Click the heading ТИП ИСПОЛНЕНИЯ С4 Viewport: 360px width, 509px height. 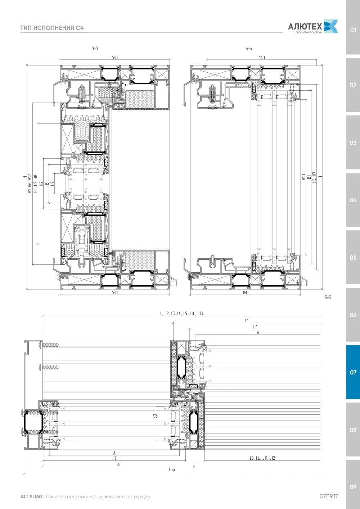click(52, 28)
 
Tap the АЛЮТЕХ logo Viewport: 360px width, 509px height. click(313, 27)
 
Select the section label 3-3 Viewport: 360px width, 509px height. click(95, 48)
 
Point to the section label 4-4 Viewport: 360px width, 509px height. click(249, 48)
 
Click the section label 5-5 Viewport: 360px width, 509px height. click(328, 297)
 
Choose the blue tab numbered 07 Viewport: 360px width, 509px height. click(353, 372)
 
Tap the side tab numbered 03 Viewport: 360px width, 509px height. click(353, 143)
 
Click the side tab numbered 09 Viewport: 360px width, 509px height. click(353, 487)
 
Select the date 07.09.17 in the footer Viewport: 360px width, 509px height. click(329, 496)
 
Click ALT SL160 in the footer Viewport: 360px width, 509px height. click(31, 496)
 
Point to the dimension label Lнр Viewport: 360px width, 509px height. click(172, 469)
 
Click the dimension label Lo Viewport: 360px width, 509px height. click(118, 464)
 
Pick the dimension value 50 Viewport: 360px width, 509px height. click(155, 416)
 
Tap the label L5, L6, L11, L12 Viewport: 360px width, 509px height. click(262, 458)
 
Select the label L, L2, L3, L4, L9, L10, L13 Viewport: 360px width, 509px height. click(181, 313)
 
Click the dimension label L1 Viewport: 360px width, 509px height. click(247, 321)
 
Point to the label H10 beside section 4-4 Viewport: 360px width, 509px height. click(303, 177)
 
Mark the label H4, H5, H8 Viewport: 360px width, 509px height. click(36, 183)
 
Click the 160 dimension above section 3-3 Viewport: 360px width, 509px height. click(114, 58)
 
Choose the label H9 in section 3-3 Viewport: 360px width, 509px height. click(52, 183)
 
